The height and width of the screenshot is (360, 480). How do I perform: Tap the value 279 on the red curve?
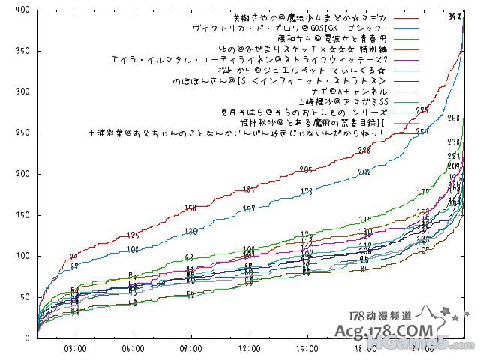[x=422, y=110]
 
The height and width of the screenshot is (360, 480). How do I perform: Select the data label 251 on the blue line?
[x=422, y=131]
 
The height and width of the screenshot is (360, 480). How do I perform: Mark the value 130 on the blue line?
[x=190, y=231]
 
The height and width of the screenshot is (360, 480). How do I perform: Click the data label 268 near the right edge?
[x=453, y=118]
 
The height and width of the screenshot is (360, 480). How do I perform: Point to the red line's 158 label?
[x=190, y=208]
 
